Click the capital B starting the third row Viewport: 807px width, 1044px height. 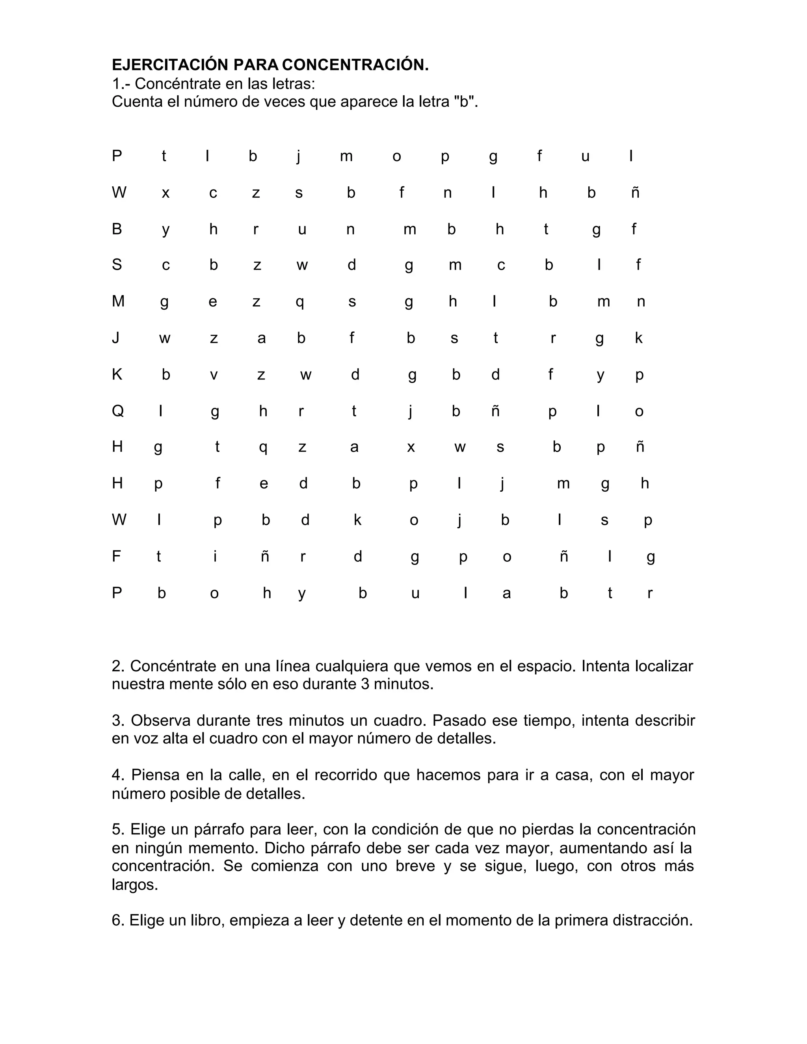coord(117,229)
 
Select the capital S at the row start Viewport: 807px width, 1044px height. coord(117,264)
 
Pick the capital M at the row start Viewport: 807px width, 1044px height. coord(118,301)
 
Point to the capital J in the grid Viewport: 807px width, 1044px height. coord(116,338)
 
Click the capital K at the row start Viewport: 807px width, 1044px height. coord(117,374)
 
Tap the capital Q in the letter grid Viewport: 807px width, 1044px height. coord(117,411)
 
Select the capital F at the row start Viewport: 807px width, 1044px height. coord(116,556)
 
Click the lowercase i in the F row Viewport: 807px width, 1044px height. coord(215,556)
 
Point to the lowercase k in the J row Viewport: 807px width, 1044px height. coord(638,338)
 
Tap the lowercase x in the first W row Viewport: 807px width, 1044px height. coord(165,193)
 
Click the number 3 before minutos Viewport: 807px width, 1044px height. coord(365,684)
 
